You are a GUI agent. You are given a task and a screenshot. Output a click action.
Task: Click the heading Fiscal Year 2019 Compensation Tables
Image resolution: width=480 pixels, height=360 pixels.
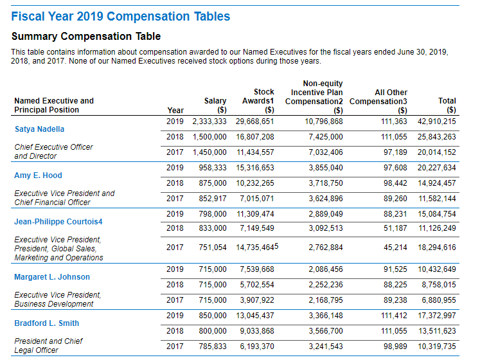coord(121,17)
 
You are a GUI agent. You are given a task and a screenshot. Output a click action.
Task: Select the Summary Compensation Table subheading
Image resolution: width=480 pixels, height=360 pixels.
coord(86,37)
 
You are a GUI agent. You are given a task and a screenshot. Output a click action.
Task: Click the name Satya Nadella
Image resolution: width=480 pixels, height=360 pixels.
coord(39,129)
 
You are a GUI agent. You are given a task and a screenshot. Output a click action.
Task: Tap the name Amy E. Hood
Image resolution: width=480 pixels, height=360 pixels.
coord(38,175)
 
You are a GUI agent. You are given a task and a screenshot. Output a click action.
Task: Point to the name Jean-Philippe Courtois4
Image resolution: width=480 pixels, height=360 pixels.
coord(58,222)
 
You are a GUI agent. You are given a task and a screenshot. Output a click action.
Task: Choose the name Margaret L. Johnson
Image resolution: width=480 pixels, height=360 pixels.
coord(52,277)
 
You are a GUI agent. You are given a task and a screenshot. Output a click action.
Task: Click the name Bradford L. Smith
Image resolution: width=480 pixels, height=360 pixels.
coord(46,323)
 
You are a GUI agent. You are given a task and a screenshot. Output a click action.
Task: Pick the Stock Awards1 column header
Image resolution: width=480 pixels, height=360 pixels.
coord(258,96)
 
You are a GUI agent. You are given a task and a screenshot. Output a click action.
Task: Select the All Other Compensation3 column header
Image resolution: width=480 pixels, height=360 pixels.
coord(378,97)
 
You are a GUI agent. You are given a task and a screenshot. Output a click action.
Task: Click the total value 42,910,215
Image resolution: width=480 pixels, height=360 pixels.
coord(437,122)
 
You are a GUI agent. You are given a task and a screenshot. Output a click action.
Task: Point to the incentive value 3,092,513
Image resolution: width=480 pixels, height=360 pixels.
coord(326,228)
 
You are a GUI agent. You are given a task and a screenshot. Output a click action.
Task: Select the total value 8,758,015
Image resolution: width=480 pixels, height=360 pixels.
coord(439,285)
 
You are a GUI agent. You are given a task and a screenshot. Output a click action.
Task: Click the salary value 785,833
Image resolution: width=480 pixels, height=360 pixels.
coord(211,346)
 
